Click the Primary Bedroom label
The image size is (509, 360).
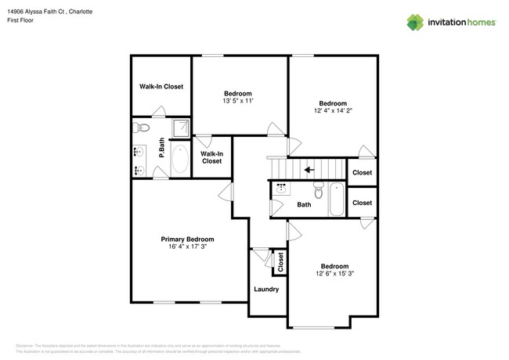[187, 239]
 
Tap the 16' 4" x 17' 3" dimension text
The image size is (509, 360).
[187, 247]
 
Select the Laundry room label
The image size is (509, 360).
[266, 289]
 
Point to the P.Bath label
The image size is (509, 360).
[161, 149]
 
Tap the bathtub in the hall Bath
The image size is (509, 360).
[336, 199]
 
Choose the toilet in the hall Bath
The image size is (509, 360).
[318, 192]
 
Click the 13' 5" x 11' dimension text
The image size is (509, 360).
[238, 100]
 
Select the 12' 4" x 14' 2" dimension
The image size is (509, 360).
[334, 110]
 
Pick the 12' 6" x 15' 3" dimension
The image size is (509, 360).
[334, 273]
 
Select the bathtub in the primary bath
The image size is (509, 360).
[179, 159]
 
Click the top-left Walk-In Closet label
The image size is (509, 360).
[161, 86]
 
